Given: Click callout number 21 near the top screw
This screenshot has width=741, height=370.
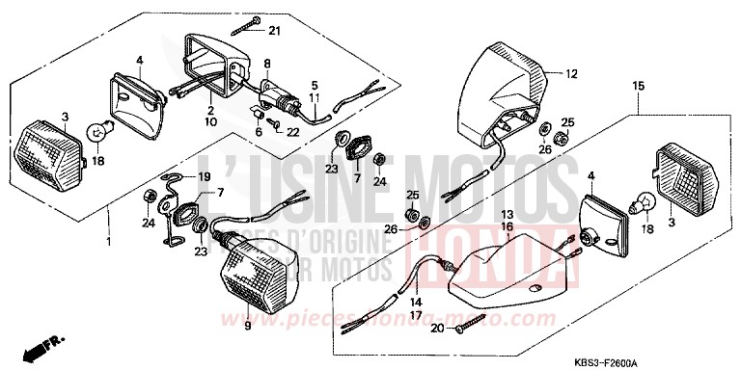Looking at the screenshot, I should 274,32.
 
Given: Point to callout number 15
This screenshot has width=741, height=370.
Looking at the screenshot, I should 637,87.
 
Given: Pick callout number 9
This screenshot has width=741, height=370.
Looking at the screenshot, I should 245,326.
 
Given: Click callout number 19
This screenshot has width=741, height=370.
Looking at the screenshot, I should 204,177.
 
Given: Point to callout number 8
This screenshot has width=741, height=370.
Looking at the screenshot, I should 267,64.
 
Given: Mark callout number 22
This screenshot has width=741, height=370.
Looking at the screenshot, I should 293,131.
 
